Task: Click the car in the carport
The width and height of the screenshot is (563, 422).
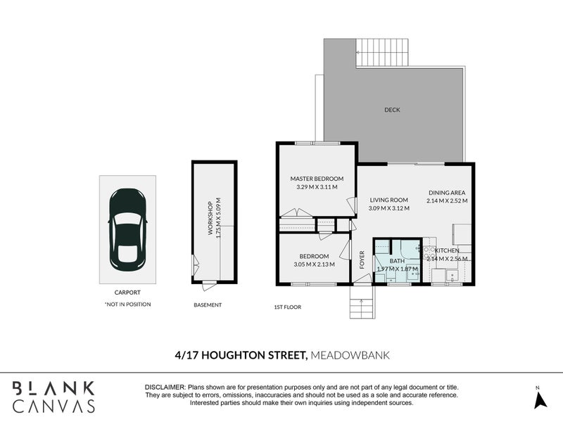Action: click(x=127, y=230)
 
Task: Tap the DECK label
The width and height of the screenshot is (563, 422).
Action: click(x=392, y=110)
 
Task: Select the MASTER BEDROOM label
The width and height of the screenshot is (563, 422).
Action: click(x=317, y=179)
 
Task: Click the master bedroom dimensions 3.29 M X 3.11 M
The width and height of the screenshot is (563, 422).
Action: click(x=317, y=187)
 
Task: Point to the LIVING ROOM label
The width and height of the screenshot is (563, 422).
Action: click(x=389, y=200)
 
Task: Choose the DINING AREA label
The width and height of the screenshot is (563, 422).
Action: click(x=447, y=193)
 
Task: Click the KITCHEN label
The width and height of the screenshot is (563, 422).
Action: click(x=447, y=250)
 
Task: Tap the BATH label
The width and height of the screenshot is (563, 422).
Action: click(x=397, y=261)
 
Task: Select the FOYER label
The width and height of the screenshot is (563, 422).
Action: click(x=362, y=260)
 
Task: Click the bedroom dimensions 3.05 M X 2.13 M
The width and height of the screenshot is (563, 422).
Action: click(x=314, y=264)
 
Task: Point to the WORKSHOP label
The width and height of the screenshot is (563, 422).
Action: click(x=210, y=218)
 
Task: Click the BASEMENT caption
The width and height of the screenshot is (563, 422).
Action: click(x=208, y=305)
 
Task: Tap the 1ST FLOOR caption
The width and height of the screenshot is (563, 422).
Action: click(x=288, y=307)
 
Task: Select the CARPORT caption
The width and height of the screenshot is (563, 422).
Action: click(x=127, y=293)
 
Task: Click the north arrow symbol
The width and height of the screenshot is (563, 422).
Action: click(x=540, y=400)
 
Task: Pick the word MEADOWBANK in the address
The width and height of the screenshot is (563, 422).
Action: click(x=350, y=355)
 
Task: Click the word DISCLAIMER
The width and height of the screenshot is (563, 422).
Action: click(x=165, y=388)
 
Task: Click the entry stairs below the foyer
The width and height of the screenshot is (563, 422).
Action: click(x=362, y=302)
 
